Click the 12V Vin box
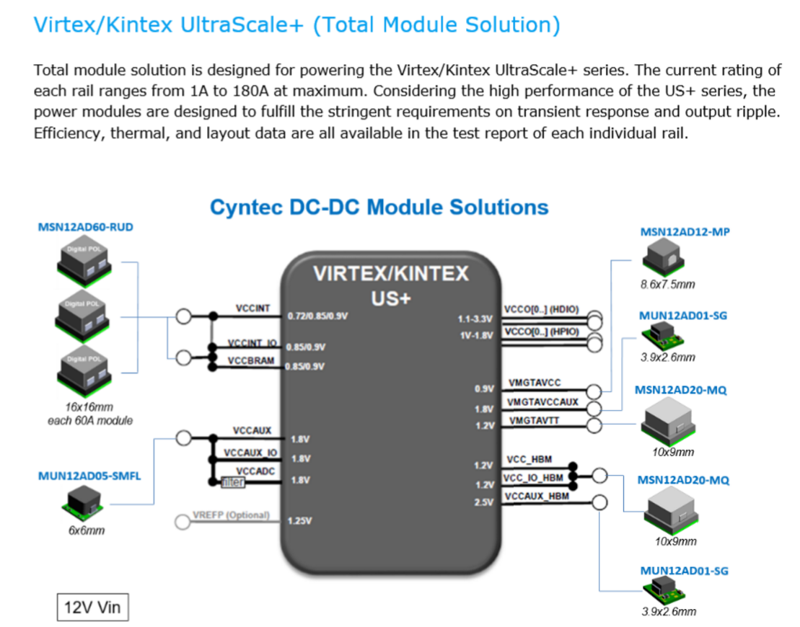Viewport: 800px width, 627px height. click(92, 607)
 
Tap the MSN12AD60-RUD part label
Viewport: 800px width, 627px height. click(85, 228)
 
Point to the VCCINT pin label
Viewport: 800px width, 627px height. click(252, 308)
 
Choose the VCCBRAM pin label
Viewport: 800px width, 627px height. click(252, 360)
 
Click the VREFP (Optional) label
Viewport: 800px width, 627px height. click(231, 515)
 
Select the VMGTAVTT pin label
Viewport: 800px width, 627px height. click(534, 420)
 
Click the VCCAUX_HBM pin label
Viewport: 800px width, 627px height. click(537, 497)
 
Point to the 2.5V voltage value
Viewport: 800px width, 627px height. click(483, 502)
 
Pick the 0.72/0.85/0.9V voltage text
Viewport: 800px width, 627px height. click(317, 316)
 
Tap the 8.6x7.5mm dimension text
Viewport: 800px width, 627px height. click(668, 284)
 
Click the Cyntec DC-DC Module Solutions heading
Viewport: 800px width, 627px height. click(379, 208)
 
